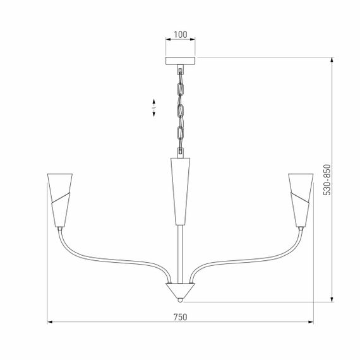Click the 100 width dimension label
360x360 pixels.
click(x=181, y=34)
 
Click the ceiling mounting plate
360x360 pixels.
click(x=181, y=61)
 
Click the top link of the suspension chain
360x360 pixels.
click(x=180, y=75)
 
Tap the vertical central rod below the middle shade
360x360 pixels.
click(x=181, y=253)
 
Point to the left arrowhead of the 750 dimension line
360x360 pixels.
click(x=51, y=323)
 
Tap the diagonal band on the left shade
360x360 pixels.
click(x=59, y=201)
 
